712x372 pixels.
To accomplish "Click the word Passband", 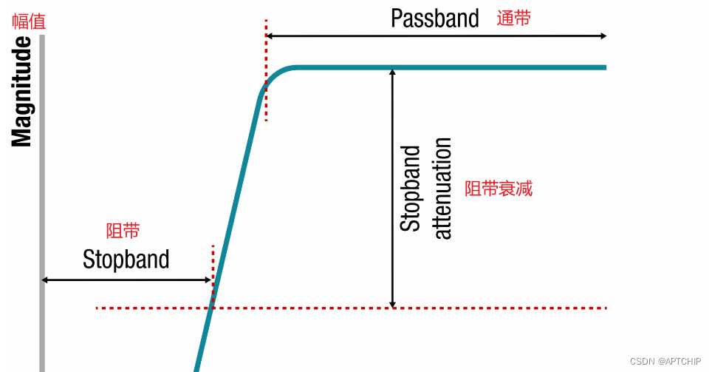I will pyautogui.click(x=434, y=18).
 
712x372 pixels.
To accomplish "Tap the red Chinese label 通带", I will pyautogui.click(x=513, y=18).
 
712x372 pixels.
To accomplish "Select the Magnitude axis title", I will pyautogui.click(x=22, y=92).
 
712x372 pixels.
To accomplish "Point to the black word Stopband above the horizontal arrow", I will pyautogui.click(x=126, y=260).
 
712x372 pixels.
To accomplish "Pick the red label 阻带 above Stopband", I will pyautogui.click(x=123, y=231).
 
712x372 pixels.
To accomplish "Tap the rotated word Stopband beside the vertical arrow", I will pyautogui.click(x=411, y=188).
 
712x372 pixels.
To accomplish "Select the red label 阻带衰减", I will pyautogui.click(x=499, y=189).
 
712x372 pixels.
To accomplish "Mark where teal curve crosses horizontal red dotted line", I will pyautogui.click(x=211, y=308).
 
